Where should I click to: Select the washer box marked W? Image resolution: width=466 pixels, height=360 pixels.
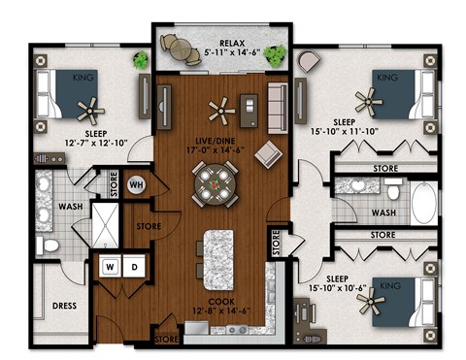click(110, 266)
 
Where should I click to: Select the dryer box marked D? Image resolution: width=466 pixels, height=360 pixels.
click(134, 266)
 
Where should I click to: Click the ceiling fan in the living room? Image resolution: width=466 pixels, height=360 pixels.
click(222, 109)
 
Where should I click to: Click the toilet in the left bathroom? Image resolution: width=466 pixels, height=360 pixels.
click(49, 246)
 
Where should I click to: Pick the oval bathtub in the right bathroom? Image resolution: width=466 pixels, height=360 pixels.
click(425, 206)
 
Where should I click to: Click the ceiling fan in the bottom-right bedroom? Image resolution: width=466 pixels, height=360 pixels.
click(371, 304)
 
